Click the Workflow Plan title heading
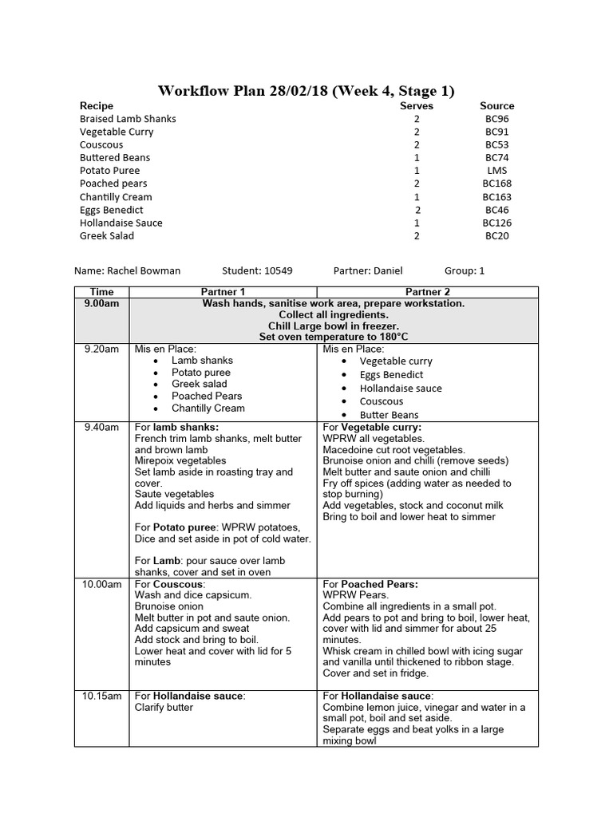click(306, 90)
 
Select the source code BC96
click(496, 119)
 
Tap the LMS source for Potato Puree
click(496, 171)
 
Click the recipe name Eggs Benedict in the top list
click(111, 210)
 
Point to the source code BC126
click(496, 223)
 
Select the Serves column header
click(416, 105)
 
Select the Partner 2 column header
click(428, 292)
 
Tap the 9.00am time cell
click(102, 304)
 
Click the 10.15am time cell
click(102, 696)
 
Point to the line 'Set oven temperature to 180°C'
click(334, 337)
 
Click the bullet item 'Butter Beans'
click(389, 415)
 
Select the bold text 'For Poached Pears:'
click(370, 584)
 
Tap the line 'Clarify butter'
click(164, 707)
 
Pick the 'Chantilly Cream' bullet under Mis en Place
click(208, 408)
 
